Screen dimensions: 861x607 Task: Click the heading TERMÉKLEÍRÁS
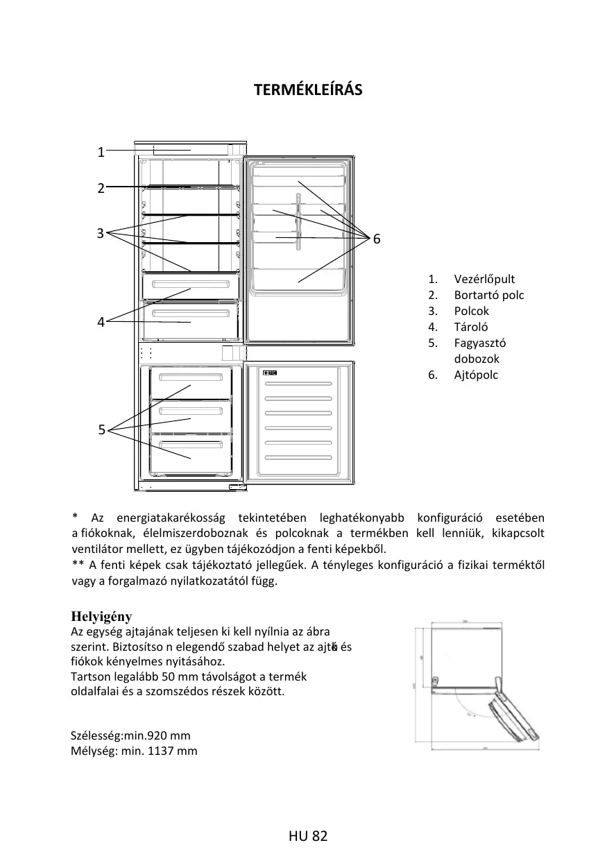coord(308,90)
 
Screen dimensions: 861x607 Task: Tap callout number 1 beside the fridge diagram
coord(101,153)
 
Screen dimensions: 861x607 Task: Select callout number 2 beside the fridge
coord(101,188)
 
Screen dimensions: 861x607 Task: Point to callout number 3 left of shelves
coord(101,233)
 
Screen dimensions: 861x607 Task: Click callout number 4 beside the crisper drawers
coord(101,322)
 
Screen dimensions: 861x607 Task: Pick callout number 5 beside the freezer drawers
coord(101,430)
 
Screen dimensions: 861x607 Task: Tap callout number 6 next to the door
coord(377,239)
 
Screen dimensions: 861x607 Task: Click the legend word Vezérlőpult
coord(484,279)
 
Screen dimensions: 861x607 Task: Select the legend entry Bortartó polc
coord(489,295)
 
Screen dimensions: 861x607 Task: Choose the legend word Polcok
coord(471,311)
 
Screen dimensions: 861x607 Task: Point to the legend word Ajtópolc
coord(476,375)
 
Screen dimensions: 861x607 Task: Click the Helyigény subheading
coord(101,617)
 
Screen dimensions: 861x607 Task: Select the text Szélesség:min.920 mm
coord(130,735)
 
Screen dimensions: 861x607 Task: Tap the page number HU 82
coord(307,836)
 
